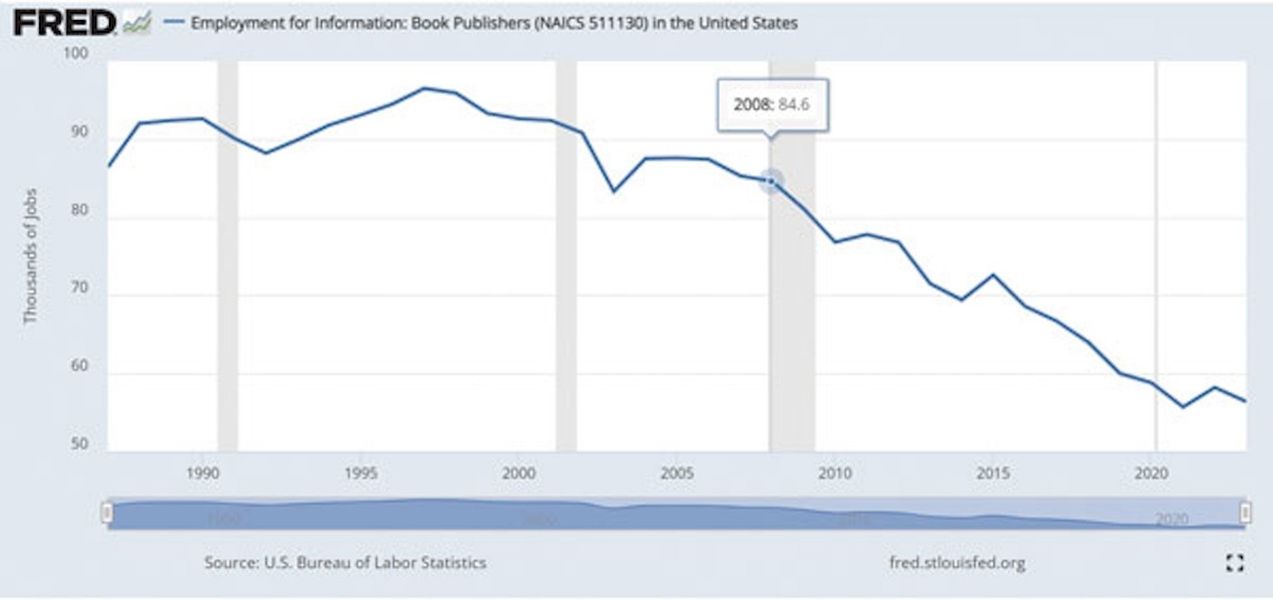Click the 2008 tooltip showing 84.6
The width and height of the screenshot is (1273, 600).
tap(772, 105)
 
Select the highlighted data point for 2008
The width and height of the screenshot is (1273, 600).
tap(771, 181)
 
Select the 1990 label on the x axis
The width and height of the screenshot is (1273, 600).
tap(202, 474)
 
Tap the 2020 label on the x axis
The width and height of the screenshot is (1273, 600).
tap(1152, 474)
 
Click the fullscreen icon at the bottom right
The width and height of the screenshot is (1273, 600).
tap(1234, 563)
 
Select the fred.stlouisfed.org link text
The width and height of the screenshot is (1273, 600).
tap(957, 563)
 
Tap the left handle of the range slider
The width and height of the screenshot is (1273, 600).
tap(107, 514)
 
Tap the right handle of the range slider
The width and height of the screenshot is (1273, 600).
tap(1245, 514)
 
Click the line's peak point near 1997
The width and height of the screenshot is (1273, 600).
tap(425, 88)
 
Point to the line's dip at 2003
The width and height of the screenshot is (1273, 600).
tap(614, 191)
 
